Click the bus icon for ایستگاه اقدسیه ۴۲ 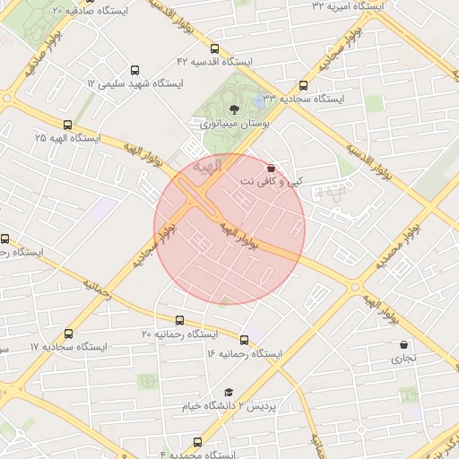[x=213, y=49]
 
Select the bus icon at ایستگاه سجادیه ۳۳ [x=303, y=86]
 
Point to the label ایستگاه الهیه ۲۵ [x=69, y=139]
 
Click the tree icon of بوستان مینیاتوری [x=235, y=108]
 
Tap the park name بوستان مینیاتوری [x=234, y=124]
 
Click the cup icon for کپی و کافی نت [x=271, y=168]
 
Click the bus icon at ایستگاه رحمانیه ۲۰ [x=180, y=320]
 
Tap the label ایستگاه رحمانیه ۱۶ [x=244, y=354]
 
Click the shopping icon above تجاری [x=403, y=344]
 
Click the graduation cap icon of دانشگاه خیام [x=229, y=393]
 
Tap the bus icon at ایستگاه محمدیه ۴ [x=197, y=442]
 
